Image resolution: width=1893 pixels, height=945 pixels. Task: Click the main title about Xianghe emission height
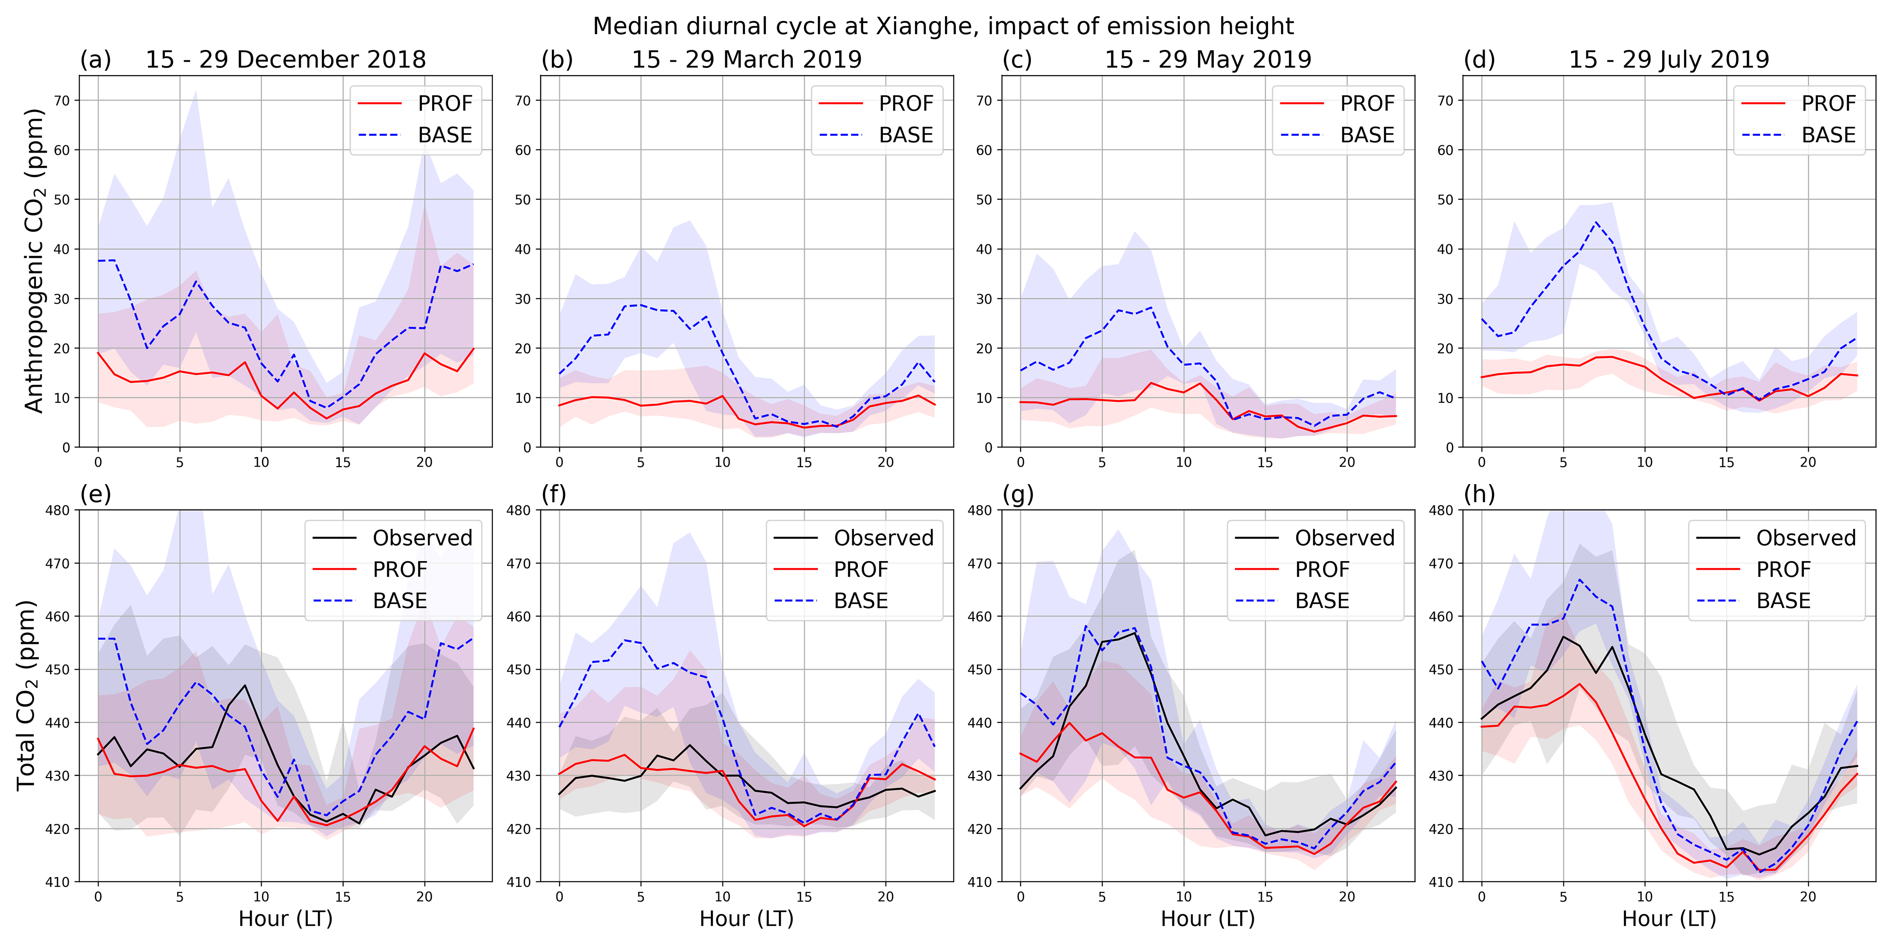(x=943, y=27)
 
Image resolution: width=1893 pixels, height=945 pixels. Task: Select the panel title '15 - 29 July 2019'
(x=1669, y=59)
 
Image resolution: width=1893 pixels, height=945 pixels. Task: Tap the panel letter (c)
(x=1017, y=59)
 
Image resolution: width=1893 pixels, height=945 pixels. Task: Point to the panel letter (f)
(x=554, y=494)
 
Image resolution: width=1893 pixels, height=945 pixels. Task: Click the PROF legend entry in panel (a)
(x=445, y=103)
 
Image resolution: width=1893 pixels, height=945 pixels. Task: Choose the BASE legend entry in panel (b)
(x=905, y=135)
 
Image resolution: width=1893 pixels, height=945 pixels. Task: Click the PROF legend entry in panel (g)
(x=1321, y=570)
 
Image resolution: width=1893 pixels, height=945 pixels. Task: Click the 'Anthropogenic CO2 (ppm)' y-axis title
(x=35, y=261)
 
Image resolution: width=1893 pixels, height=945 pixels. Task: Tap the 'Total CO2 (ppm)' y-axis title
(x=27, y=694)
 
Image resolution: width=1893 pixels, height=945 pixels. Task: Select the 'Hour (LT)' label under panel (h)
(x=1669, y=918)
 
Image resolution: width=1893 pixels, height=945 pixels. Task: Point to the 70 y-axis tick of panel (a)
(x=63, y=101)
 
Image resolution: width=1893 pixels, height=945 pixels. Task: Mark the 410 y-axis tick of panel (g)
(x=980, y=882)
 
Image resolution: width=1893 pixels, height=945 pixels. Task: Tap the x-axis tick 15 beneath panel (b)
(x=804, y=462)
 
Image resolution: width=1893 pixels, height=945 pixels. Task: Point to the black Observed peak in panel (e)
(x=245, y=686)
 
